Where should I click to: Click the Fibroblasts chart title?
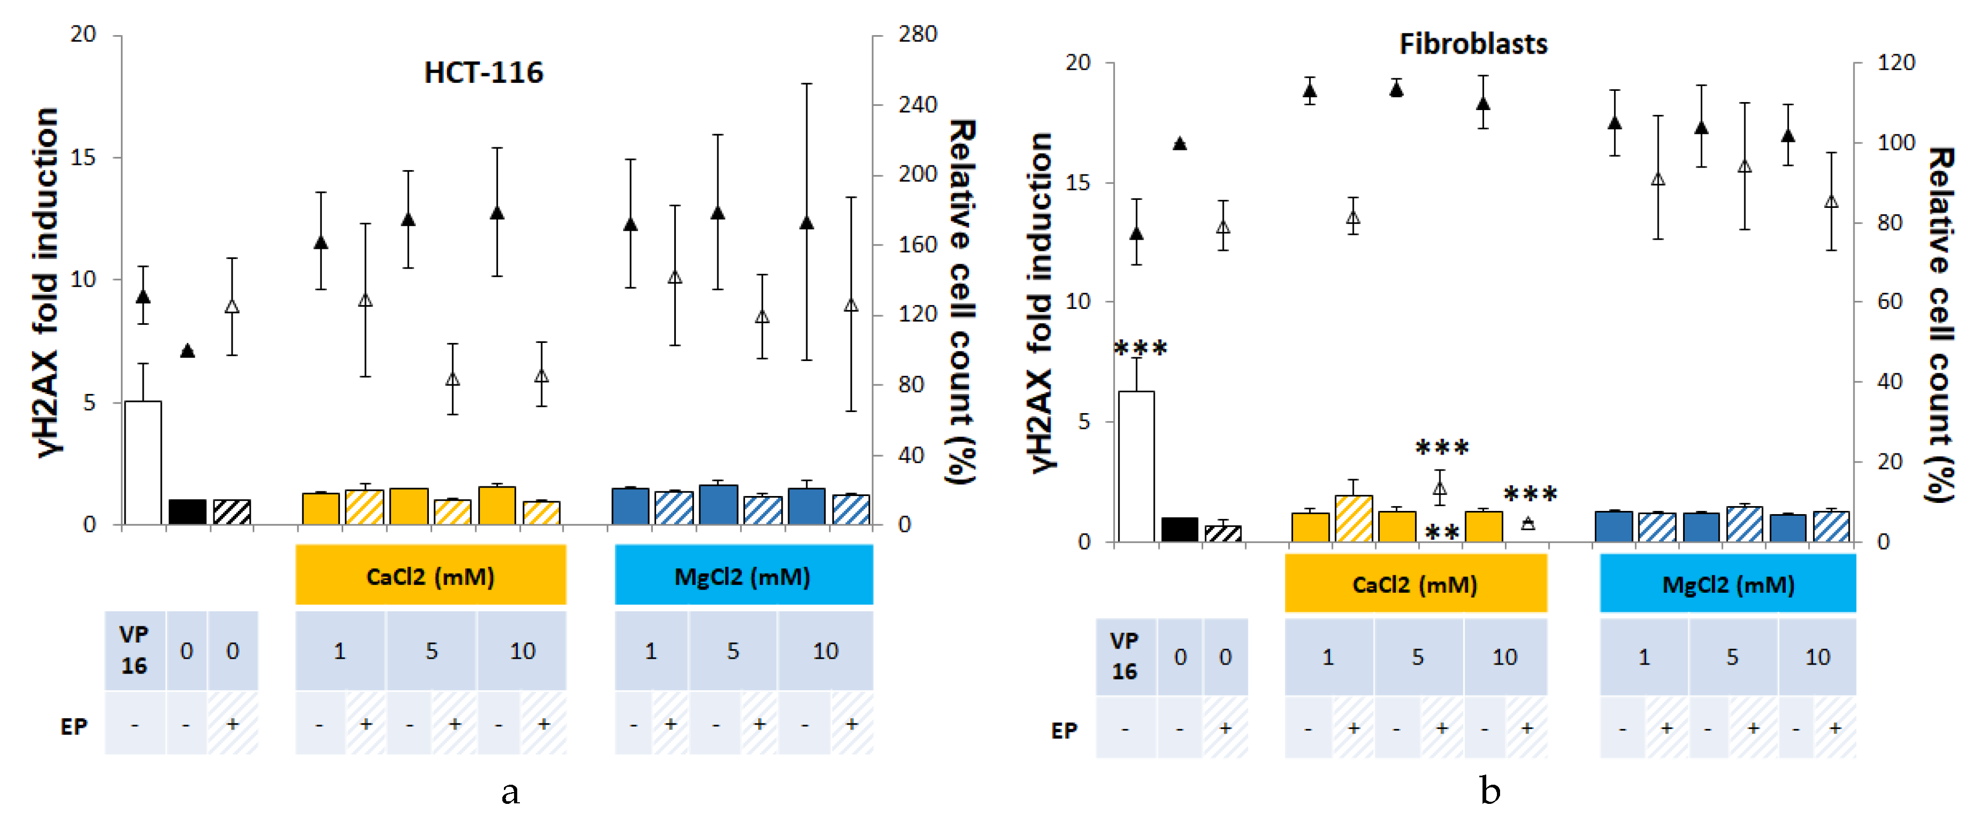(x=1473, y=44)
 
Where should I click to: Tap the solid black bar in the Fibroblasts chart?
(x=1179, y=530)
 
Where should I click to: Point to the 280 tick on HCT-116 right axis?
(x=917, y=34)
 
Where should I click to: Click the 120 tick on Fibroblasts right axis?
(x=1895, y=62)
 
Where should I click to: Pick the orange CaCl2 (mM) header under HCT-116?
(x=430, y=576)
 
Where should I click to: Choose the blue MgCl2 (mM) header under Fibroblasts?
(x=1728, y=584)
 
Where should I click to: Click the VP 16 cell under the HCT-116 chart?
(x=135, y=650)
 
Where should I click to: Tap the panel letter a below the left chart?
(x=510, y=791)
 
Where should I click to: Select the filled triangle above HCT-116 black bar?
(x=187, y=351)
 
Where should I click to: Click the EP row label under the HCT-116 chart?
(x=74, y=726)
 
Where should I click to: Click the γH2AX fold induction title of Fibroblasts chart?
(x=1040, y=303)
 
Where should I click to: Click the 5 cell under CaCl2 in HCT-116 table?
(x=431, y=650)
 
